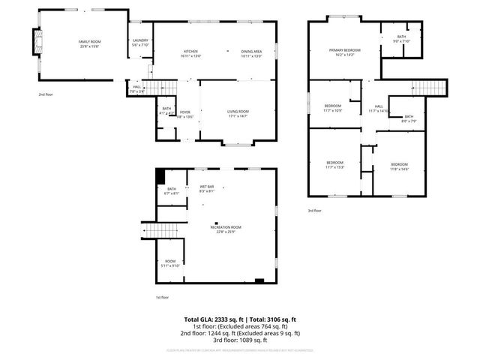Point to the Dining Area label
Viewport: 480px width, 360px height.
pyautogui.click(x=251, y=53)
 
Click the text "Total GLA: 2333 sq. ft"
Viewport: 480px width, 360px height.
pyautogui.click(x=212, y=319)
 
